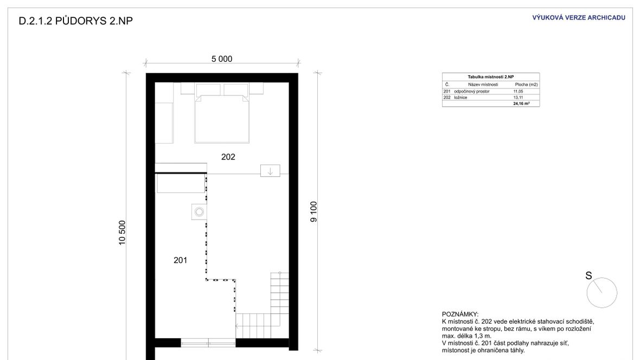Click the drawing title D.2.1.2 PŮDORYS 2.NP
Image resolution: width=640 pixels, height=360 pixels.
tap(75, 21)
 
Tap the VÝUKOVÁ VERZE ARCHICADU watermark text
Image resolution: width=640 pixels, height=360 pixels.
tap(578, 17)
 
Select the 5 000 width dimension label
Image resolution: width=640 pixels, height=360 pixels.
tap(222, 59)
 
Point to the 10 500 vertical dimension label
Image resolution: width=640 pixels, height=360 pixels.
tap(122, 233)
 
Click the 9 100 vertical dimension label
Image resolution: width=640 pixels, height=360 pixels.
tap(313, 212)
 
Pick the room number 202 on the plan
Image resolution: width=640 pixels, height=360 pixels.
tap(228, 157)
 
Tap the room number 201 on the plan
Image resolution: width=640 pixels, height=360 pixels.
tap(181, 260)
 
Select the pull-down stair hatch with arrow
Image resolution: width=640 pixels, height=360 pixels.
tap(270, 171)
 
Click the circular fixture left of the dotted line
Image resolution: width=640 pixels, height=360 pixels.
tap(199, 212)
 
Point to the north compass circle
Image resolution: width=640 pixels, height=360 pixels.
tap(602, 293)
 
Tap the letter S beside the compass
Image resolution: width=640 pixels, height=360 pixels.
tap(588, 276)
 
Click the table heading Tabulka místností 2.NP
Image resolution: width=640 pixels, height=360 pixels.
tap(491, 77)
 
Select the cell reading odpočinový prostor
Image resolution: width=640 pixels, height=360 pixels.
tap(471, 92)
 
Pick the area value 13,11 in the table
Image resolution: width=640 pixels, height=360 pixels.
tap(518, 98)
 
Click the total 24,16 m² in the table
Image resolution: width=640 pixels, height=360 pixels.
tap(521, 104)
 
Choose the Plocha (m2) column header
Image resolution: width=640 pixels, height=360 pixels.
tap(526, 85)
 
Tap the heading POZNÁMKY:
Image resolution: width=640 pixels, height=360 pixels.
tap(460, 314)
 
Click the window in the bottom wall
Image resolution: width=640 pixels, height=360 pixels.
tap(208, 343)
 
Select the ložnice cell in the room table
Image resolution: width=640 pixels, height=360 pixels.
tap(460, 98)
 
